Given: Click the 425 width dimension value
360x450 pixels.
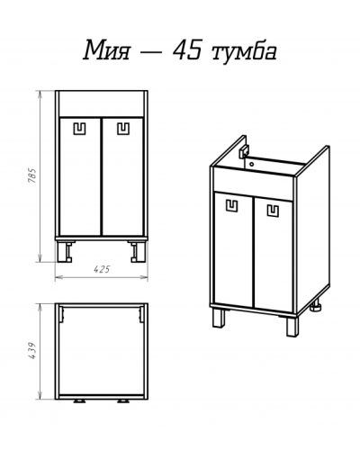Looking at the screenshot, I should pyautogui.click(x=102, y=268).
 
